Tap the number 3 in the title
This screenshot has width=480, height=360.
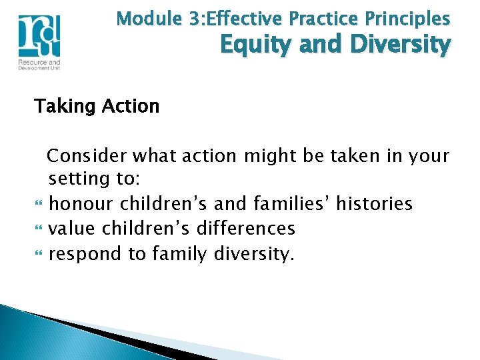point(193,18)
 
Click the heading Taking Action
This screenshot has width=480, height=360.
point(97,106)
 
